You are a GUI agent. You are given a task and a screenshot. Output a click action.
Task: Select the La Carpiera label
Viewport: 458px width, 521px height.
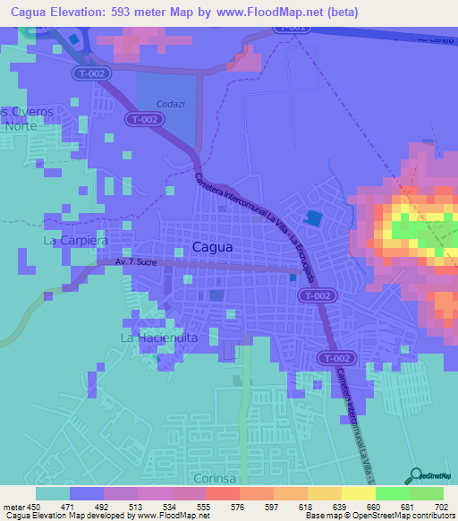(x=75, y=241)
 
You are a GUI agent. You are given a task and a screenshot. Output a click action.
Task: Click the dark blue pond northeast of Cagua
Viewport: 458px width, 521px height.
(x=313, y=218)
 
